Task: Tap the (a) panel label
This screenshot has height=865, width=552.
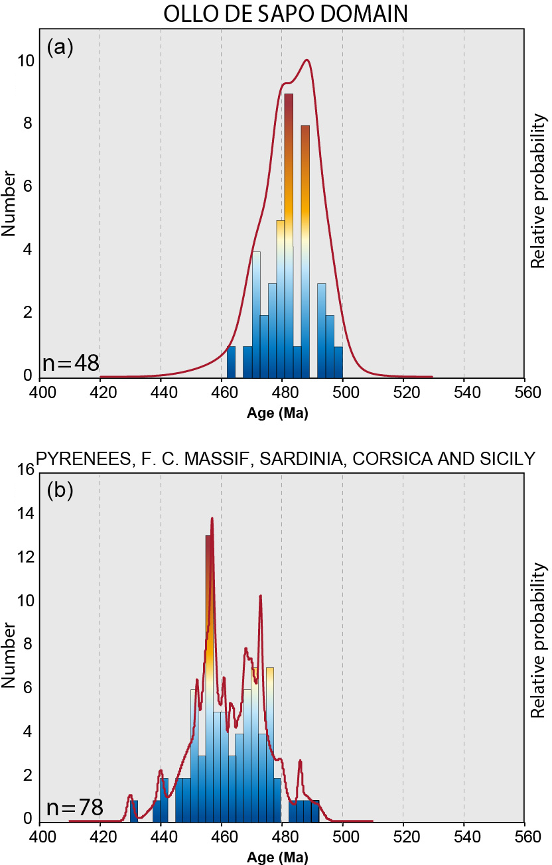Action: pos(60,47)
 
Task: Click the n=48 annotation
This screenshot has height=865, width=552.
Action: pos(70,363)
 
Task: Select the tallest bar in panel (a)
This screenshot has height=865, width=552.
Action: pos(289,235)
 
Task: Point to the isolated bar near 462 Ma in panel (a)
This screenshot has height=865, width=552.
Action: pos(231,362)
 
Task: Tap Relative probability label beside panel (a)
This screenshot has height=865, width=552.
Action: pos(539,192)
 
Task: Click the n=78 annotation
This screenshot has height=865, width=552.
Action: pos(74,807)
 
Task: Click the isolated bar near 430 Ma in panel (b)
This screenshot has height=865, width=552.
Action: pos(134,811)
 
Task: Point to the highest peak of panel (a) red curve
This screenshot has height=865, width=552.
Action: pos(306,60)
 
